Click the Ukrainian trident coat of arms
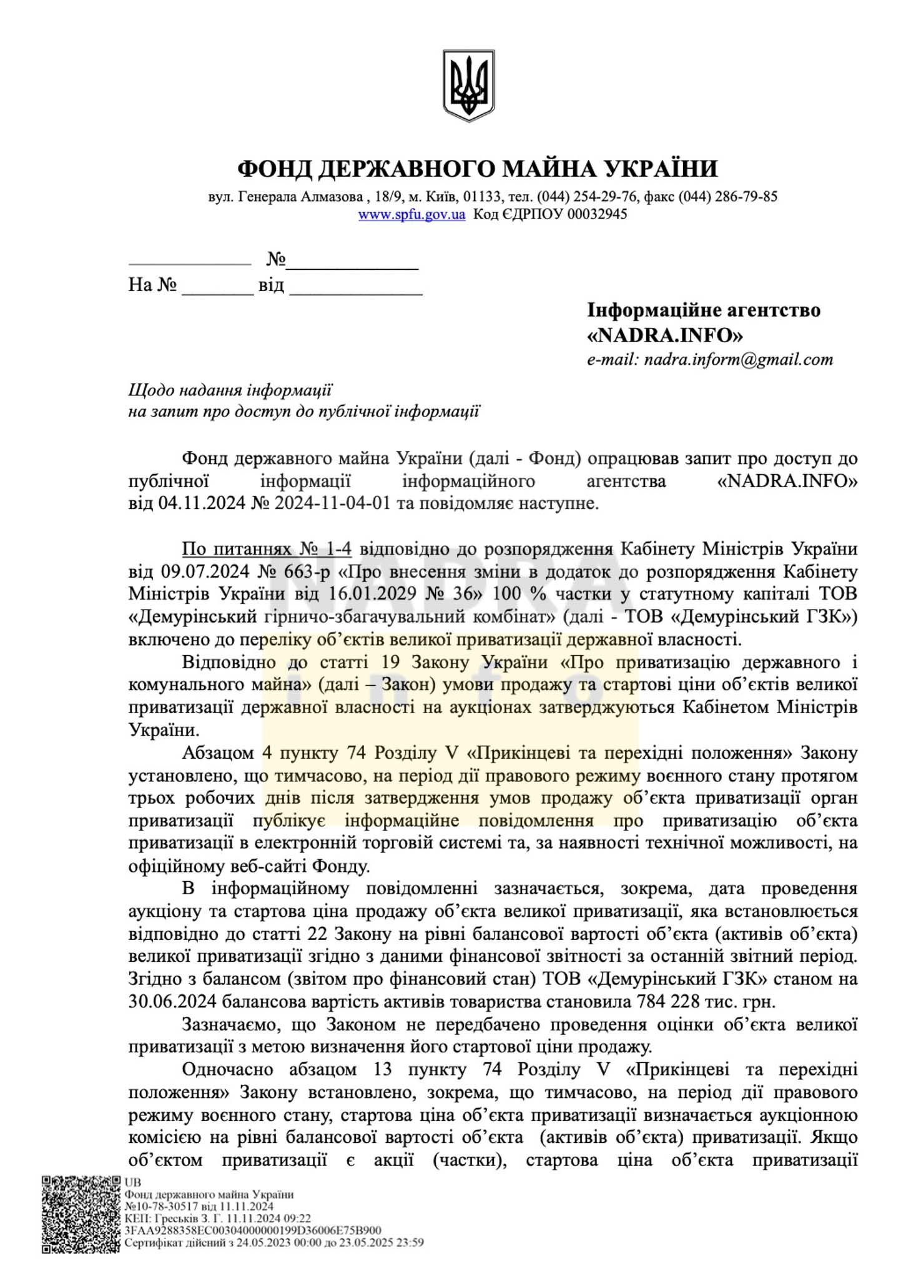468,86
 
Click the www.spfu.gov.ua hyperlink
411,214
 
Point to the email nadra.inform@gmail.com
739,360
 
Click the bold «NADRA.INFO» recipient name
665,335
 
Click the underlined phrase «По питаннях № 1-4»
267,549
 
